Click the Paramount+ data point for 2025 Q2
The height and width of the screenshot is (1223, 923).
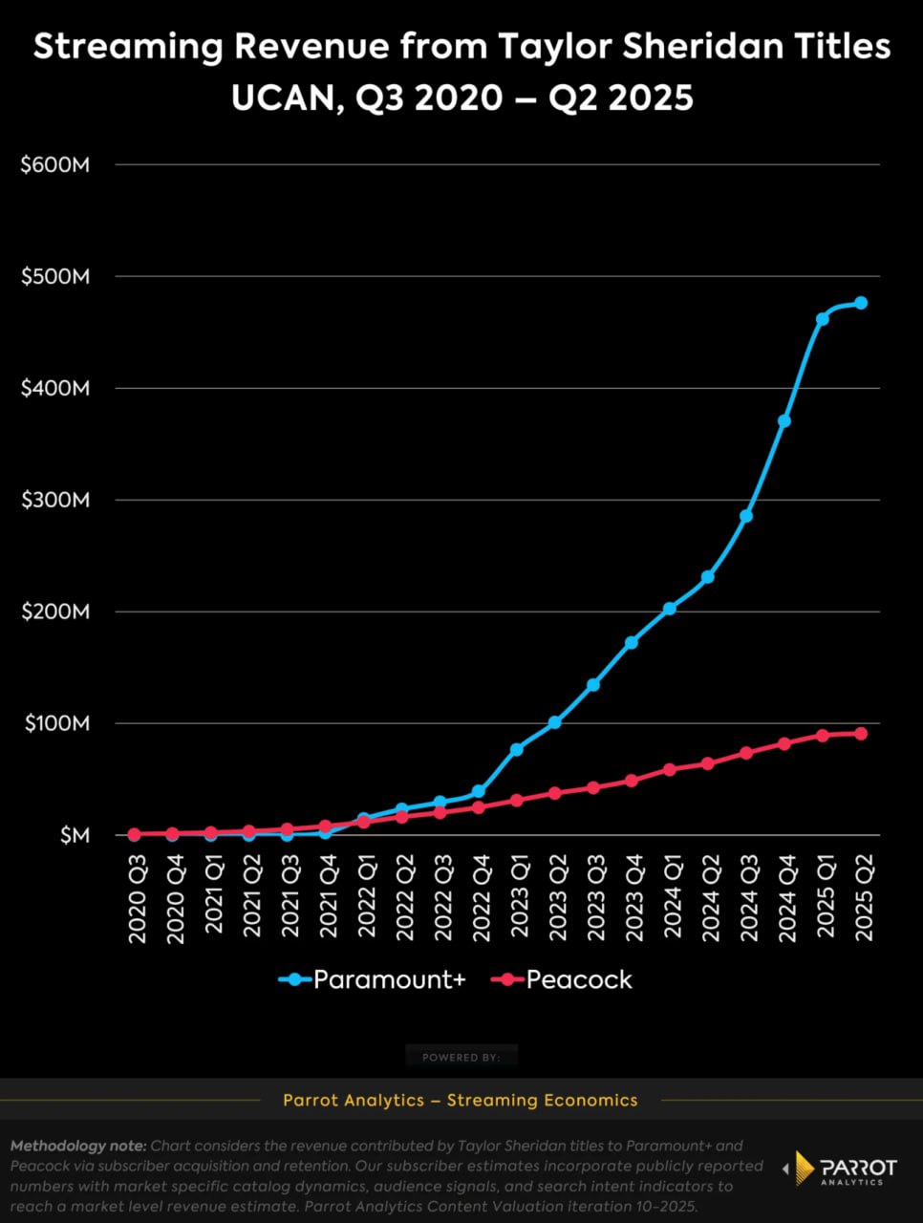click(x=861, y=303)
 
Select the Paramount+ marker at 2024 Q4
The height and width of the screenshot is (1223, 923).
click(x=784, y=420)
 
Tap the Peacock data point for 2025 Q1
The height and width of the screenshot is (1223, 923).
click(x=823, y=736)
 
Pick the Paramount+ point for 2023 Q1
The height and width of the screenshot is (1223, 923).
click(x=517, y=749)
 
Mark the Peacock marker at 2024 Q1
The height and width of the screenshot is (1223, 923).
click(x=670, y=769)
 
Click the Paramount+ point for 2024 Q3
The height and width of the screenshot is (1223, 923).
click(x=746, y=516)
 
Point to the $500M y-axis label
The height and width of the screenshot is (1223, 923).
click(x=55, y=277)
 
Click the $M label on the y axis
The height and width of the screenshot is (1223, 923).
click(x=75, y=836)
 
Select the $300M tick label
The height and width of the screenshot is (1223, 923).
click(x=55, y=501)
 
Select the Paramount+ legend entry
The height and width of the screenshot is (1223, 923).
click(x=373, y=979)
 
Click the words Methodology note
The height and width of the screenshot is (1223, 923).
click(x=78, y=1146)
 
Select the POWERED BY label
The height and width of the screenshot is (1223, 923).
click(x=461, y=1058)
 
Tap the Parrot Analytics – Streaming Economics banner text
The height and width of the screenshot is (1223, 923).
click(x=461, y=1100)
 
